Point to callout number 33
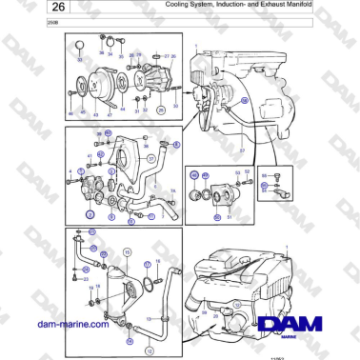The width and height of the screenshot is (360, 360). click(80, 60)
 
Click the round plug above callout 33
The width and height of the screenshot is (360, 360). click(80, 46)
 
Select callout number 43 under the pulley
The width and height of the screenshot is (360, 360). click(94, 112)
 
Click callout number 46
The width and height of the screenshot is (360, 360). click(70, 112)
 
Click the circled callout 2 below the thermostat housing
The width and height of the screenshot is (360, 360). click(89, 215)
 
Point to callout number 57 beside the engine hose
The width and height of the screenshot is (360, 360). click(242, 150)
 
